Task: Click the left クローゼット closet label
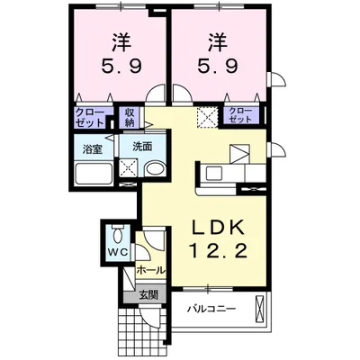[88, 117]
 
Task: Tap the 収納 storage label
[130, 117]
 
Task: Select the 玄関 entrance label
[148, 294]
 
